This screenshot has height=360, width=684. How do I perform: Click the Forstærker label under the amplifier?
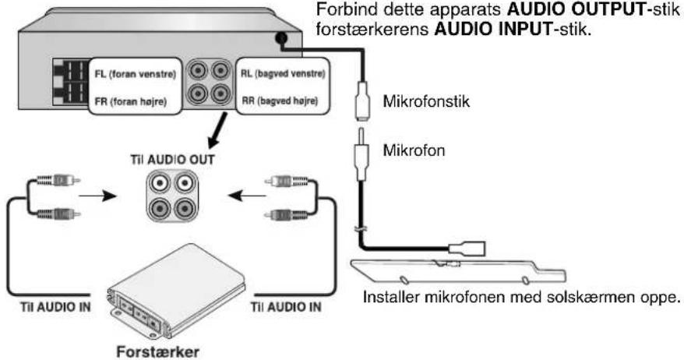[157, 351]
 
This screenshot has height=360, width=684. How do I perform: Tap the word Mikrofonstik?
[426, 101]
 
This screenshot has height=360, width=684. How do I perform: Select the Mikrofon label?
[414, 150]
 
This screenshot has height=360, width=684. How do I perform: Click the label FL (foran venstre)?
[136, 74]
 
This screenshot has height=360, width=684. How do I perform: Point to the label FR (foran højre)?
[131, 101]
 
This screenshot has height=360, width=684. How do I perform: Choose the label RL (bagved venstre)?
[283, 74]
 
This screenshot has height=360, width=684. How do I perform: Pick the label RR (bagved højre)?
[280, 101]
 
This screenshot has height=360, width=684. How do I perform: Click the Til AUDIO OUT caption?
[172, 160]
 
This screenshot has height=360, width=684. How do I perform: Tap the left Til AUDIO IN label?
[55, 307]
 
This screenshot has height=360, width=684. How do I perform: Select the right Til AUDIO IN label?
[286, 307]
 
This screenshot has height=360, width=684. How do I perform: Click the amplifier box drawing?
[176, 292]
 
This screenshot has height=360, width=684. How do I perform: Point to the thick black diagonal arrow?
[217, 130]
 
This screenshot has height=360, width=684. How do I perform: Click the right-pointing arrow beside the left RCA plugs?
[97, 196]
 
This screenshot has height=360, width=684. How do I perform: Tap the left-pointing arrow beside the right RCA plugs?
[247, 196]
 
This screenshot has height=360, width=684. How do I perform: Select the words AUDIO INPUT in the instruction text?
[493, 30]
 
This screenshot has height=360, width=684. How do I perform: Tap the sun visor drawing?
[458, 271]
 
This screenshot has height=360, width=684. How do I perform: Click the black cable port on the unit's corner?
[281, 38]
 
